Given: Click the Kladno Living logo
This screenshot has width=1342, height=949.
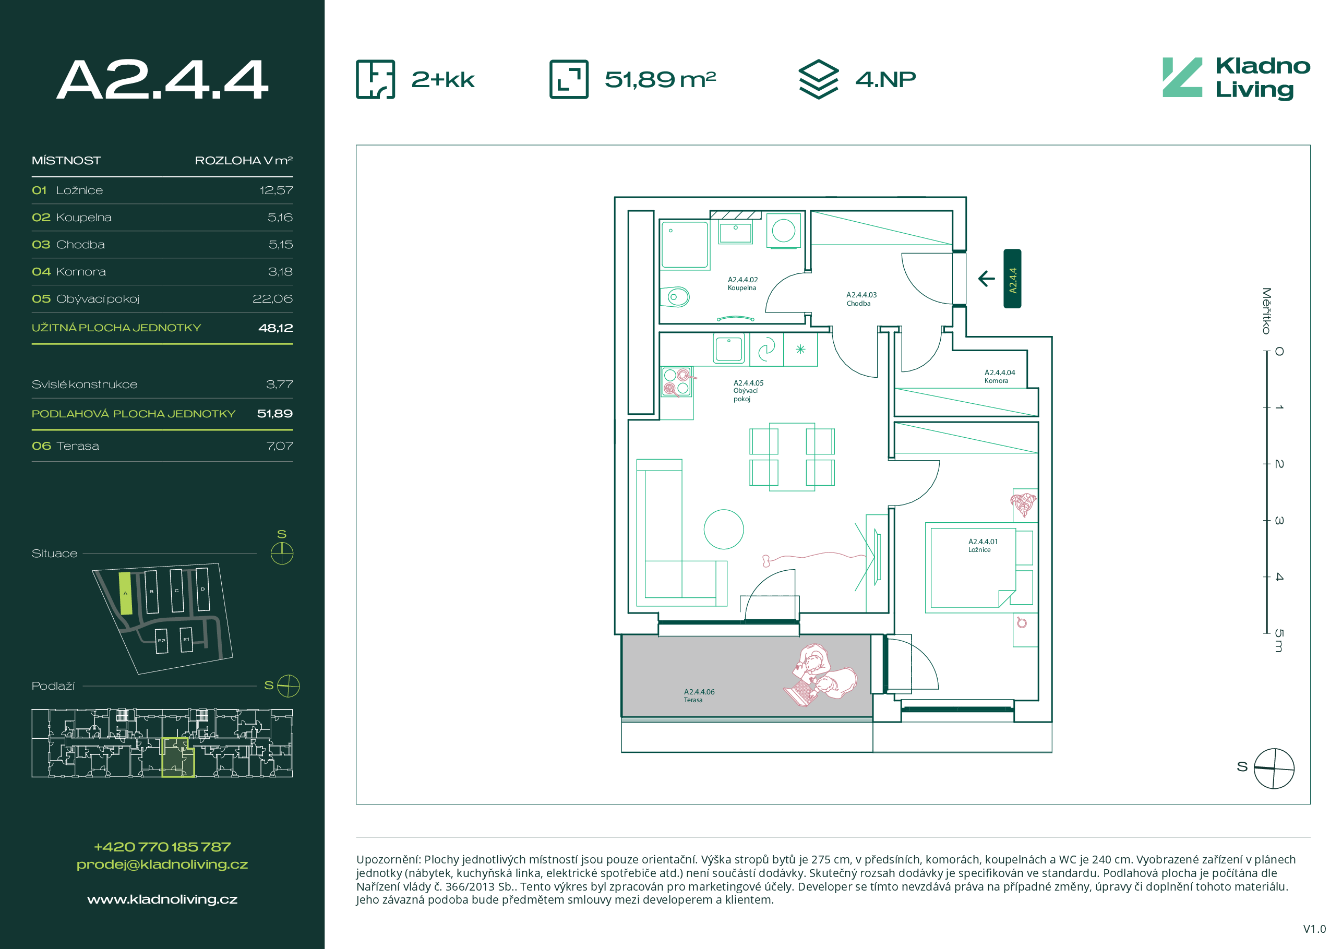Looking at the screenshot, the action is [x=1236, y=78].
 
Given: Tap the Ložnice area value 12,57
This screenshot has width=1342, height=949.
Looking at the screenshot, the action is [x=276, y=190].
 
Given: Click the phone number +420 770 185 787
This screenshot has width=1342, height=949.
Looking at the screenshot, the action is [x=162, y=847].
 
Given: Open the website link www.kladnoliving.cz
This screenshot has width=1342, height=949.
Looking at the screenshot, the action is [x=162, y=899].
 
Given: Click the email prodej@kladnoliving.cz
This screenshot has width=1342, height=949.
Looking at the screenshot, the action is [x=162, y=864].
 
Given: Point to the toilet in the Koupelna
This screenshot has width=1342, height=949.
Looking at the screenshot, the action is [x=675, y=297].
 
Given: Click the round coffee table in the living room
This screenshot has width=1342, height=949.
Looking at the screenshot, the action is [x=724, y=530].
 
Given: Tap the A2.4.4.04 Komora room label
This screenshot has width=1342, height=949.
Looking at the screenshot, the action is [x=1000, y=376].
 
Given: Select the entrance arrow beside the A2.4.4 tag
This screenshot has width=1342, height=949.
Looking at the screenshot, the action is [x=987, y=279].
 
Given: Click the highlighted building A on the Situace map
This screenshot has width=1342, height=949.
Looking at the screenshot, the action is [x=125, y=593].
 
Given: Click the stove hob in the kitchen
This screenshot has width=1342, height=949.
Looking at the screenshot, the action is [x=676, y=381].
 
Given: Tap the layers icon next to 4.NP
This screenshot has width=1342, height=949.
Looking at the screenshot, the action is [x=818, y=79].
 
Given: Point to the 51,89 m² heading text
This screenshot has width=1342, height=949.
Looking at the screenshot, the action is [x=660, y=79].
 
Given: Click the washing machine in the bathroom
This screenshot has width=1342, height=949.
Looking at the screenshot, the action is [x=783, y=230].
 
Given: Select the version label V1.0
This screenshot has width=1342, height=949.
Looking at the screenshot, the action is [x=1314, y=929].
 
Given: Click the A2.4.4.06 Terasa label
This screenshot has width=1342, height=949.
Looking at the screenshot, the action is [x=699, y=695].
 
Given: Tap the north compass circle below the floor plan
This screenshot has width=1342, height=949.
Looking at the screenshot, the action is [x=1274, y=768].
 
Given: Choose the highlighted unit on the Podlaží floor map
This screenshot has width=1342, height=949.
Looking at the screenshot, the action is [x=178, y=758].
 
